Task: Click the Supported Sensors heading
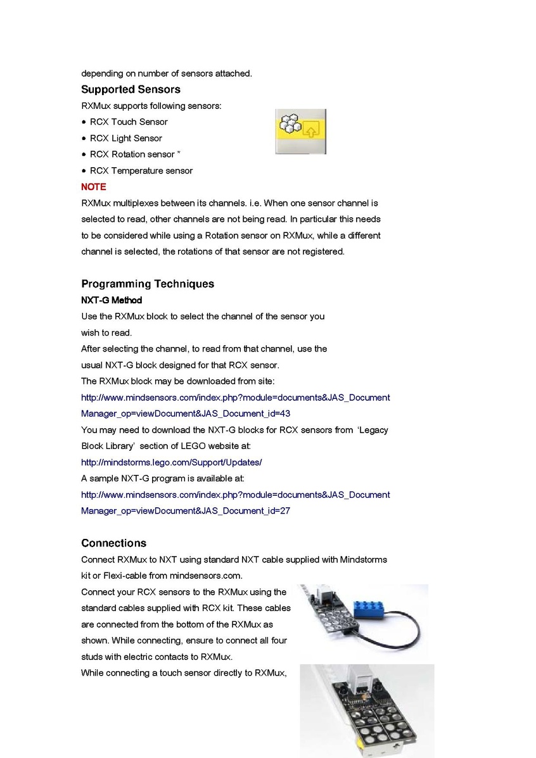[131, 89]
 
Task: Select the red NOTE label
[93, 187]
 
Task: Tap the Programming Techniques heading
[148, 284]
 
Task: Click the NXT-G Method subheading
[112, 300]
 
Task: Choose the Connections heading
[113, 543]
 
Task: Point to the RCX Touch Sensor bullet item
[129, 122]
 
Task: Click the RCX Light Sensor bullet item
[125, 138]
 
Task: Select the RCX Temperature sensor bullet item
[141, 170]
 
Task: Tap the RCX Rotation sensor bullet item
[132, 155]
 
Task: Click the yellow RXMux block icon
[300, 131]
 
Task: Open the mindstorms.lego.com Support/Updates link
[171, 462]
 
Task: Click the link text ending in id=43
[186, 414]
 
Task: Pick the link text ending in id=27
[186, 510]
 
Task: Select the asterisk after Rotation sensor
[179, 153]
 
